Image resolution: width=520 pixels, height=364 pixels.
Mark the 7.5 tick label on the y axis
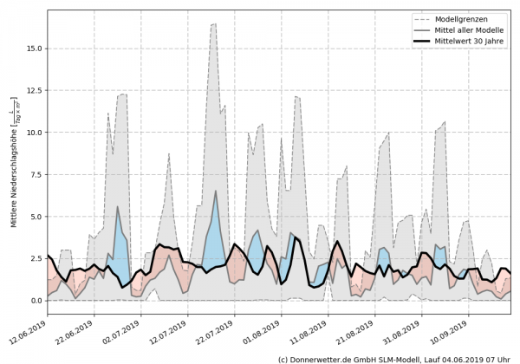[x=32, y=174]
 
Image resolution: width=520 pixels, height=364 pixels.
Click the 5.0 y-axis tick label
[x=32, y=217]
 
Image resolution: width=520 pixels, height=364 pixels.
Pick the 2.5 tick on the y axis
[x=32, y=258]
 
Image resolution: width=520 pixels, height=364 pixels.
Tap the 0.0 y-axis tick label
[x=32, y=301]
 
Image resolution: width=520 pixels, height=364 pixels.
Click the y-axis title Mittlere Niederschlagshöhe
[x=13, y=169]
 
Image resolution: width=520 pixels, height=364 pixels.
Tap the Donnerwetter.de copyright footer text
[x=394, y=358]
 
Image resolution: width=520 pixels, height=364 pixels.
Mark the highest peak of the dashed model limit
[x=214, y=24]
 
